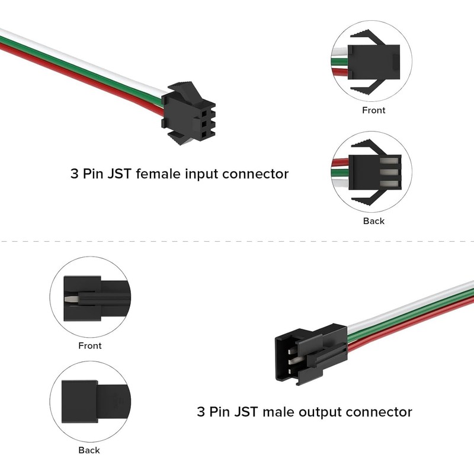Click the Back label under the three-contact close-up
point(373,221)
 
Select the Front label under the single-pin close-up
point(90,345)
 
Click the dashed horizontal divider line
point(237,242)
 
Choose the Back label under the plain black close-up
point(89,450)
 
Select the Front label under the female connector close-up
point(373,110)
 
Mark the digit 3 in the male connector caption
point(200,411)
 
